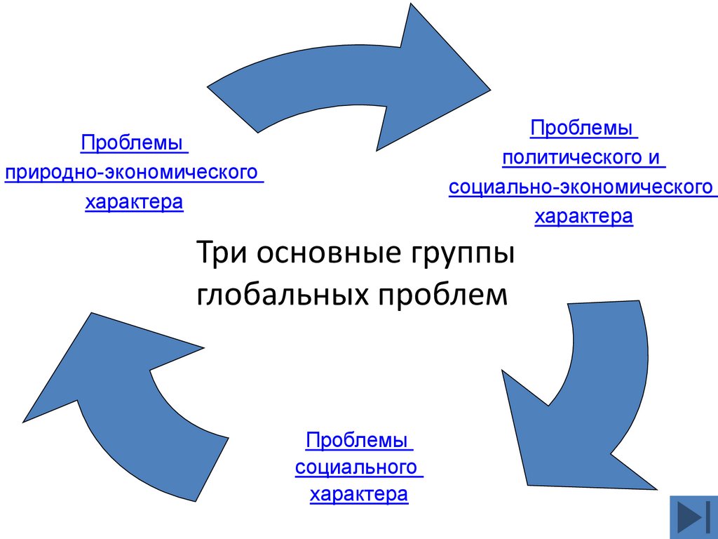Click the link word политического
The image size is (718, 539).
pos(568,158)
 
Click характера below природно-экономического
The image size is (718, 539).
pos(134,203)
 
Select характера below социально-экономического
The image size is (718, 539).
pos(583,217)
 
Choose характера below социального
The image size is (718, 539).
pos(358,494)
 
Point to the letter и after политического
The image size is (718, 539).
pos(653,158)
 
